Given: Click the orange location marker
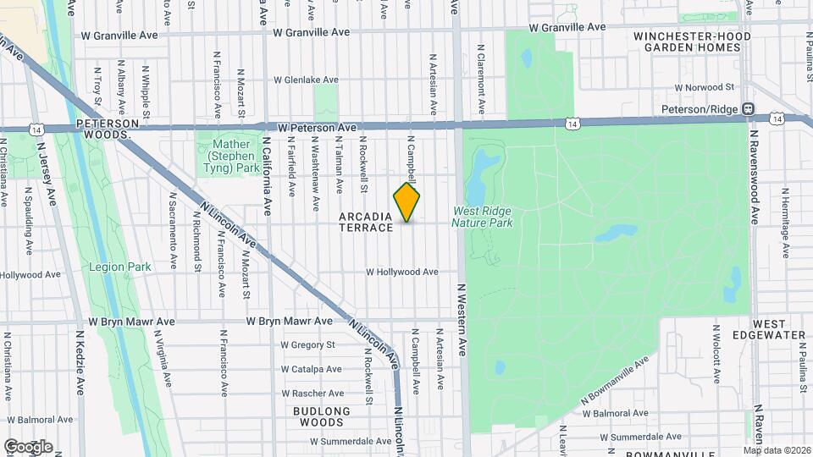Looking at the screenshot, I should point(406,202).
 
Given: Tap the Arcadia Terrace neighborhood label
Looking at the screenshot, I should point(366,222).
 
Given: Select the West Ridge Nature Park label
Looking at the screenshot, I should point(483,217).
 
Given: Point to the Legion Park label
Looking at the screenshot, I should point(119,267).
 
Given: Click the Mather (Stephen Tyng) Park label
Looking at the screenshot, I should point(230,157).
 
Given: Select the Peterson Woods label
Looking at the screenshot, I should point(106,129).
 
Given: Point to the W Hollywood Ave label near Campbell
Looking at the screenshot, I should point(402,272).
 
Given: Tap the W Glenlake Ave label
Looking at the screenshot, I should point(306,80).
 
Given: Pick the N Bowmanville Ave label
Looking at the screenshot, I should point(615,380).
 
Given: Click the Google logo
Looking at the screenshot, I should point(28,446).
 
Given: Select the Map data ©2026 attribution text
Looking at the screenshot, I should point(777,450).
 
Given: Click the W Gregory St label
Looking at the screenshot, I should point(308,344).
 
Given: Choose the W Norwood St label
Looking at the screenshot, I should point(704,87).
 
